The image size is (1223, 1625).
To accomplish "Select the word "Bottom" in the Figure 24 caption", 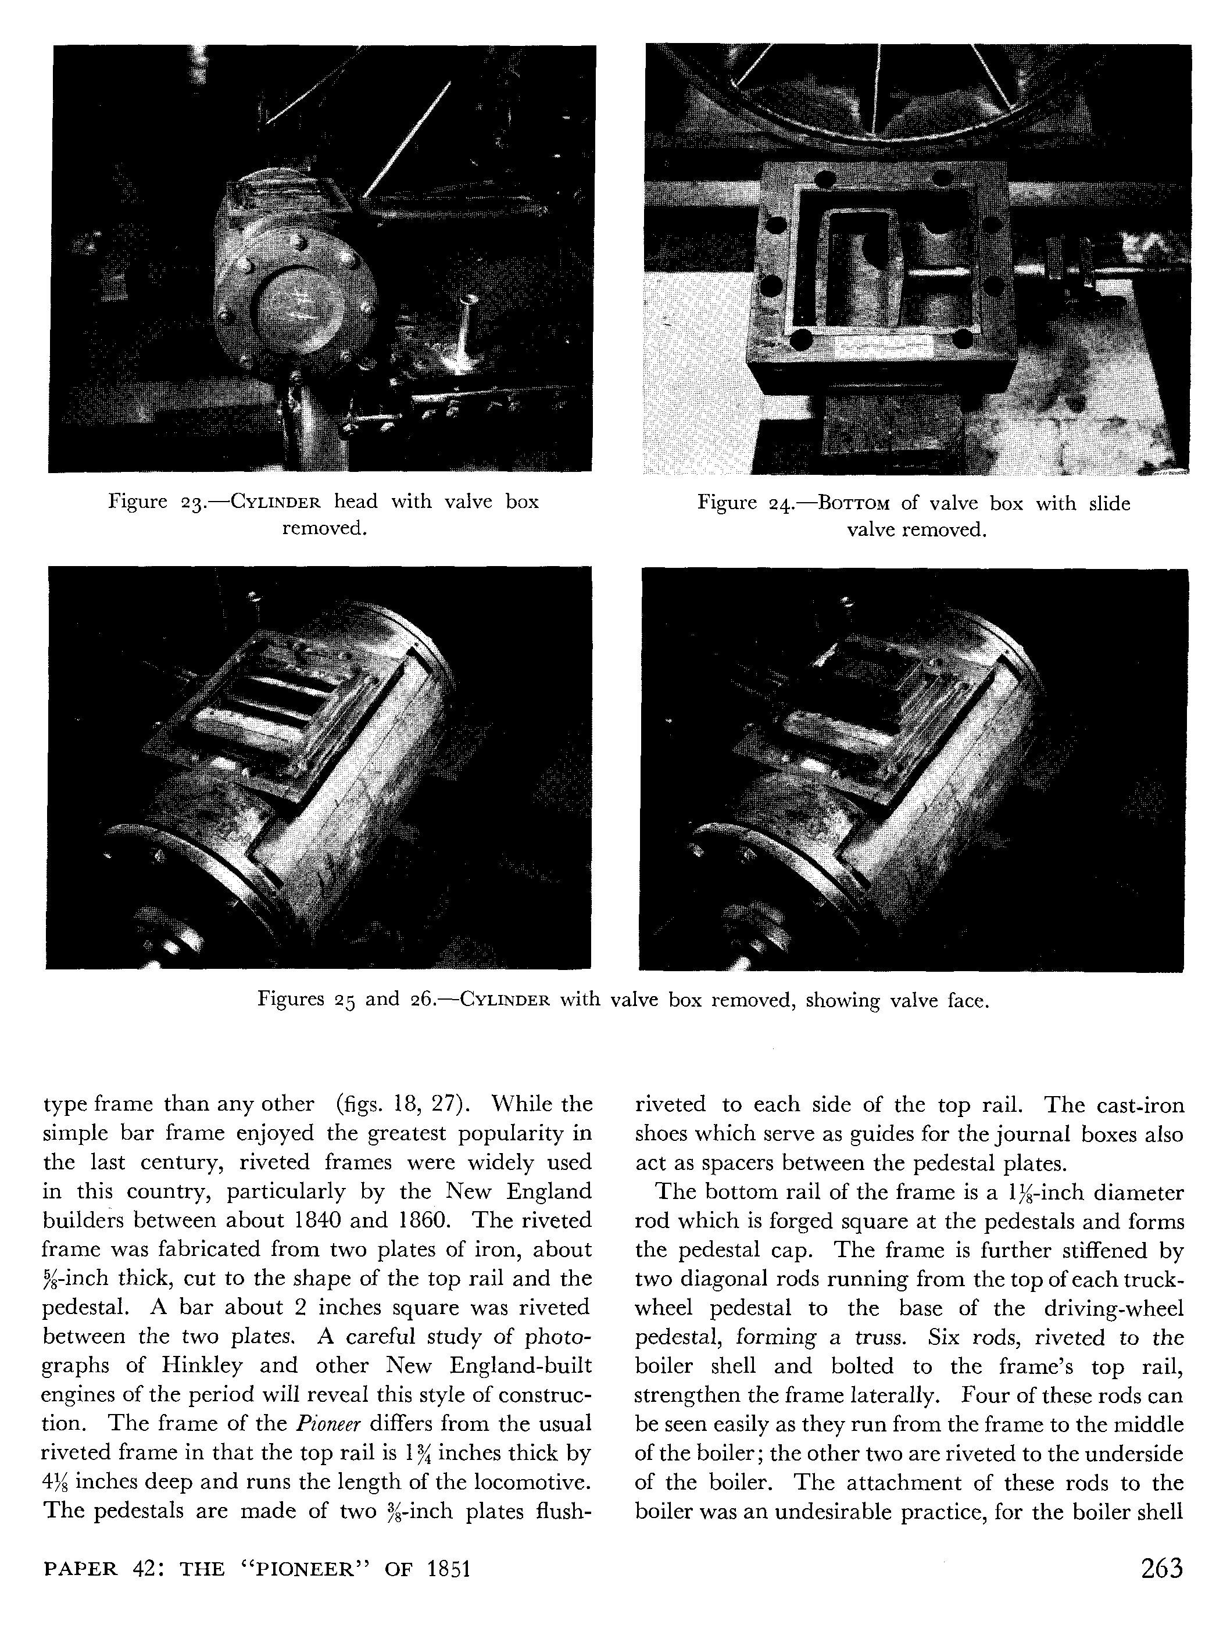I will pyautogui.click(x=854, y=504).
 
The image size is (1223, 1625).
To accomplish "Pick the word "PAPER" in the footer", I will pyautogui.click(x=81, y=1570).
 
